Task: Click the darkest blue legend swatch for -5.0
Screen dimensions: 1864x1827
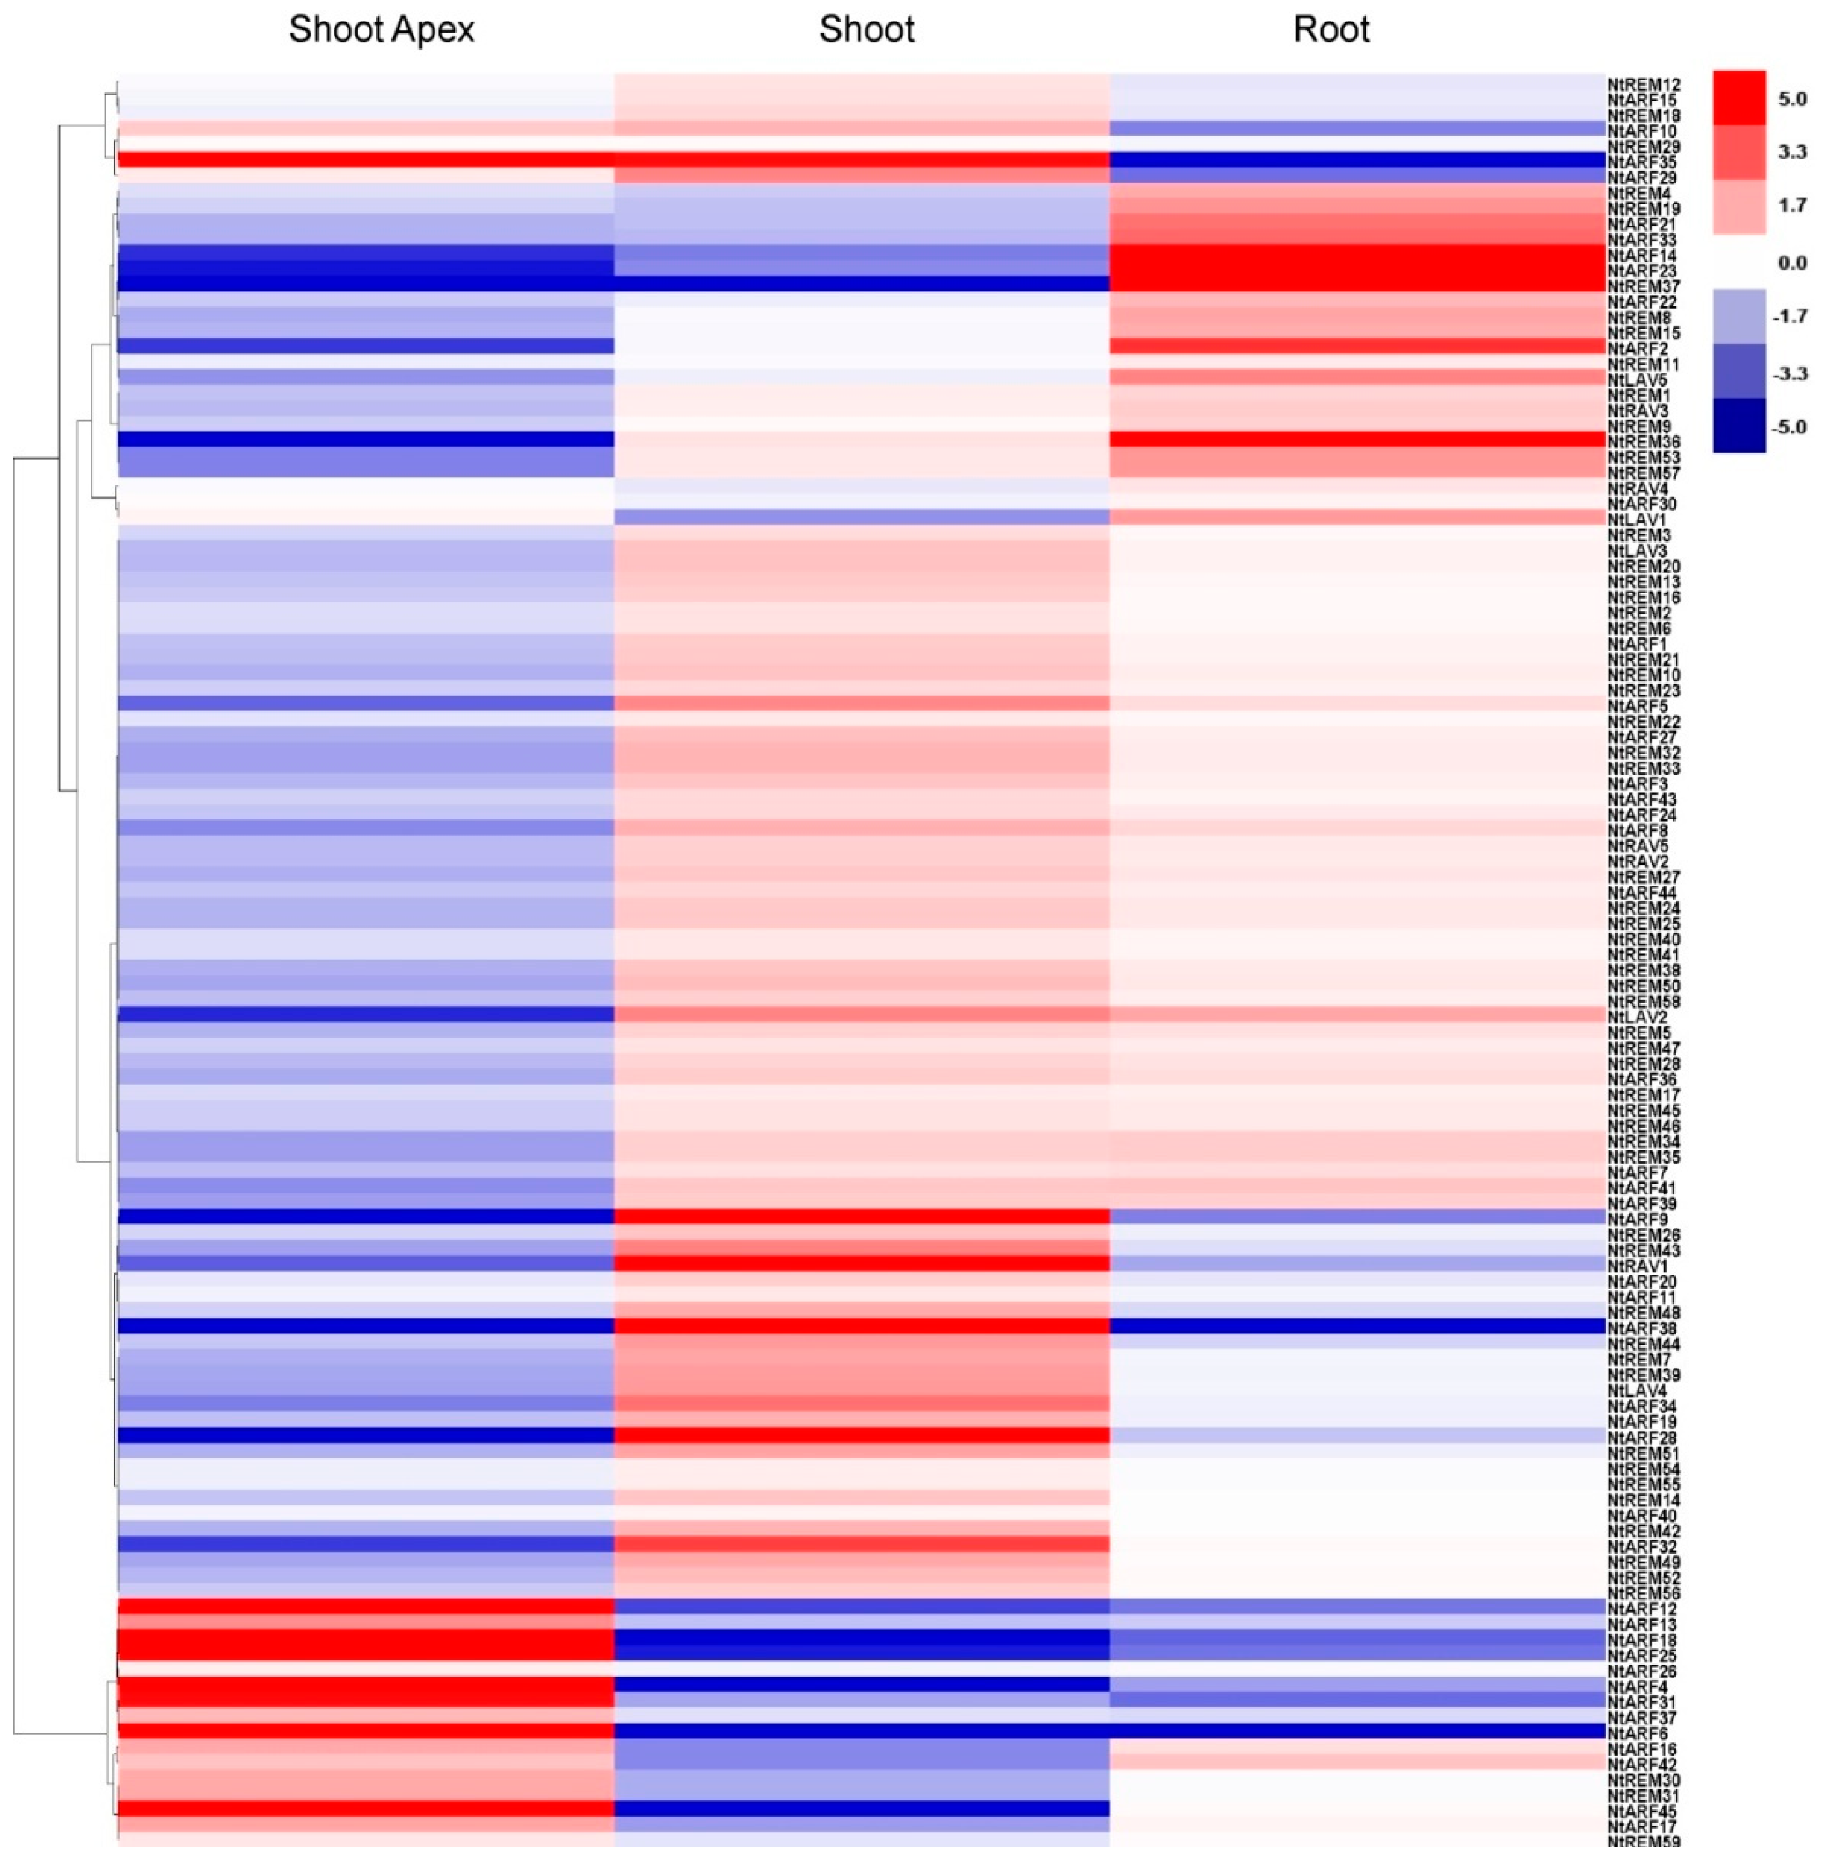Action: (x=1738, y=425)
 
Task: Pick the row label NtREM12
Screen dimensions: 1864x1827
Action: (x=1643, y=85)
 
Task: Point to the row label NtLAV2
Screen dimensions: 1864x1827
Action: (x=1637, y=1017)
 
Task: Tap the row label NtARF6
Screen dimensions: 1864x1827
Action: (x=1637, y=1733)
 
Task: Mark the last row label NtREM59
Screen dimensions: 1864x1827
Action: (x=1643, y=1841)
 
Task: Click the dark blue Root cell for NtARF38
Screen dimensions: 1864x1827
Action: (x=1357, y=1325)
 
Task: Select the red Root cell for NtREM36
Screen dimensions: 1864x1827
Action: (x=1357, y=438)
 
